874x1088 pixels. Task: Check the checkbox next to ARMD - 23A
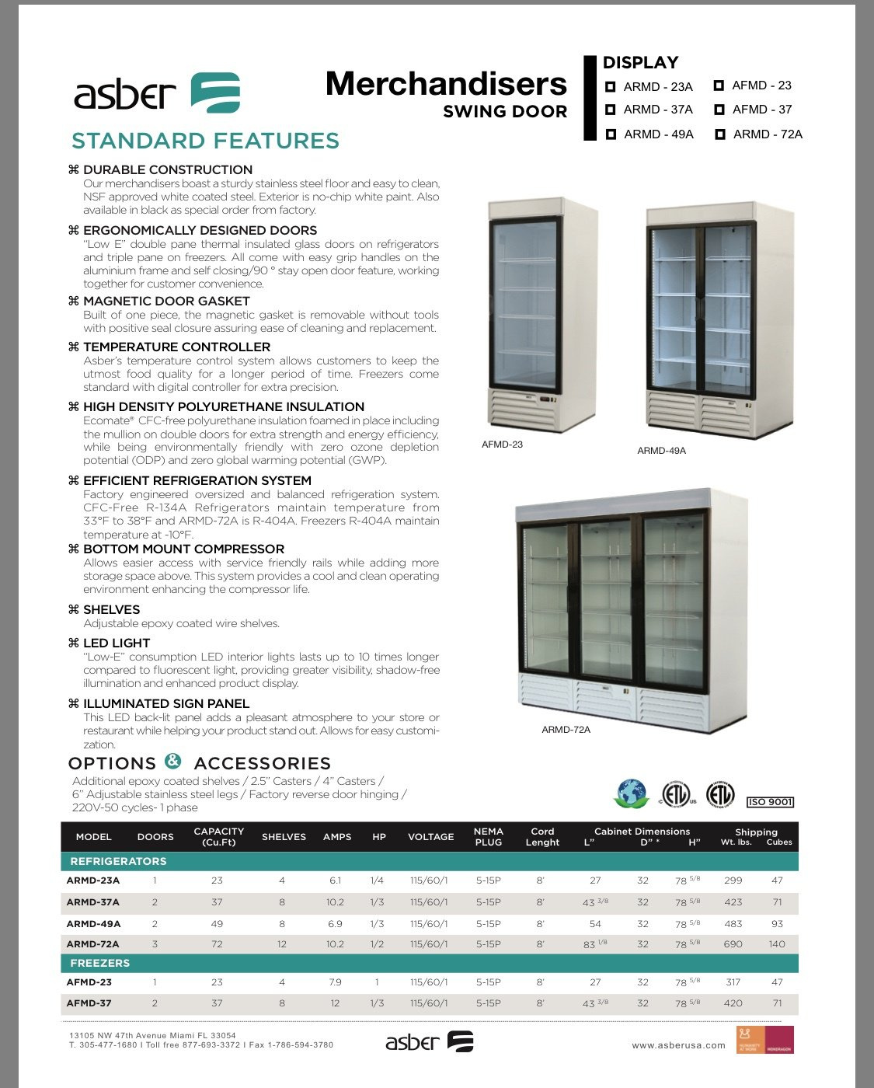pyautogui.click(x=611, y=87)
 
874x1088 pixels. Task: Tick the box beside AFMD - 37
pyautogui.click(x=719, y=110)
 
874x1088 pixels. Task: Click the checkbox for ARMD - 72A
pyautogui.click(x=720, y=134)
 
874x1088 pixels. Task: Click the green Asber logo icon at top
pyautogui.click(x=215, y=93)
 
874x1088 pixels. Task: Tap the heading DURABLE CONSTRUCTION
pyautogui.click(x=168, y=169)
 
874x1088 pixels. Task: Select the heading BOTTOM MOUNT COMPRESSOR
pyautogui.click(x=183, y=549)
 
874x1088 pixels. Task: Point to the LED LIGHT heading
pyautogui.click(x=117, y=643)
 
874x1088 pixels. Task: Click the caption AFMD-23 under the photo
pyautogui.click(x=502, y=445)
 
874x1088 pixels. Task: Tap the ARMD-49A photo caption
pyautogui.click(x=661, y=451)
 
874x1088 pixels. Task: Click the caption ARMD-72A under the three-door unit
pyautogui.click(x=566, y=730)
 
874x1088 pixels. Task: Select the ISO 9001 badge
pyautogui.click(x=770, y=802)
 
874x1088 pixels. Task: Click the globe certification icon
pyautogui.click(x=632, y=793)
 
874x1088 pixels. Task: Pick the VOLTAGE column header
pyautogui.click(x=430, y=837)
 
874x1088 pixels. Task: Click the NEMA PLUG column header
pyautogui.click(x=488, y=837)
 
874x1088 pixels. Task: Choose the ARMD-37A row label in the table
pyautogui.click(x=93, y=902)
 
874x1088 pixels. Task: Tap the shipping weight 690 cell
pyautogui.click(x=733, y=944)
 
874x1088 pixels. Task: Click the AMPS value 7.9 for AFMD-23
pyautogui.click(x=335, y=982)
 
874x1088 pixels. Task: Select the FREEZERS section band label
pyautogui.click(x=100, y=963)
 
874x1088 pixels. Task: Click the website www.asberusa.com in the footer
pyautogui.click(x=678, y=1045)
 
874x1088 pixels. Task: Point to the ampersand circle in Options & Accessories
pyautogui.click(x=173, y=761)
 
